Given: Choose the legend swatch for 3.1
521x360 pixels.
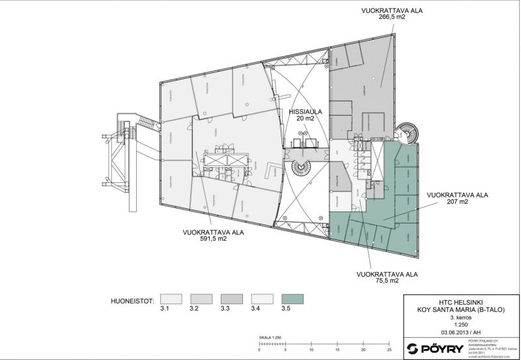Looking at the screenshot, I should pos(173,299).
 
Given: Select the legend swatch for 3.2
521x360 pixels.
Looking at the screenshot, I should pos(202,299).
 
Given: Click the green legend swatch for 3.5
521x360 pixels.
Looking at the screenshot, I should pos(292,299).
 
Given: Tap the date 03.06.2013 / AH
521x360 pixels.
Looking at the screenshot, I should pos(460,332).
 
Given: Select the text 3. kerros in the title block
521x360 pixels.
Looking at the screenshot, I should pos(460,317).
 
